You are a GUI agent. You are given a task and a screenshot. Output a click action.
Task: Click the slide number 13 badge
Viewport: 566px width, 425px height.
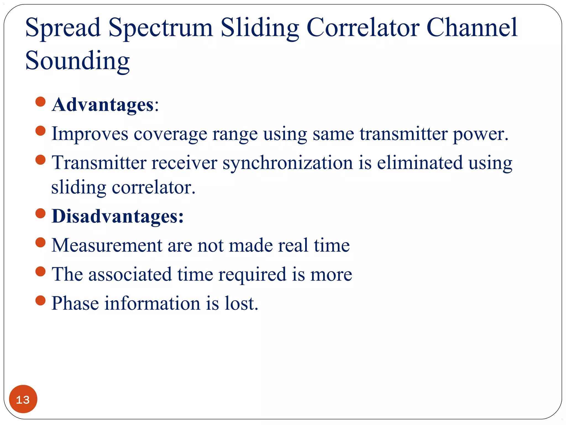[x=23, y=399]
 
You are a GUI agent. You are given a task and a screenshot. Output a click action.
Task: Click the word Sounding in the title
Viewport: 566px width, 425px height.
[x=77, y=61]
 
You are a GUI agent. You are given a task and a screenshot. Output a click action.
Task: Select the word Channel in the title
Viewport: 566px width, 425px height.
[x=471, y=28]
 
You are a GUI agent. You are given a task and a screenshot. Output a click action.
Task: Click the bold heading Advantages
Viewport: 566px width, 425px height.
[x=103, y=105]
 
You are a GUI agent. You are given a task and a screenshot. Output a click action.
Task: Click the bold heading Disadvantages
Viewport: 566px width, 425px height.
[x=117, y=216]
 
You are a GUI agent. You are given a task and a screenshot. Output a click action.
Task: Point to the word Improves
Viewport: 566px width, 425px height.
[x=90, y=134]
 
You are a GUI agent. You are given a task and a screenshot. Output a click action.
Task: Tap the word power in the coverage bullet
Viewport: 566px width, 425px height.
[x=480, y=134]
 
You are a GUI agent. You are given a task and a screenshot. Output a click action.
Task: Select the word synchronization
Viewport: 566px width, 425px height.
[x=287, y=163]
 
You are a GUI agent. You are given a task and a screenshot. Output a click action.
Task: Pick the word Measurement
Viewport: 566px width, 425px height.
[x=107, y=245]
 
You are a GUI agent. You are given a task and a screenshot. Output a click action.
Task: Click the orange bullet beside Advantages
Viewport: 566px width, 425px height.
[x=41, y=102]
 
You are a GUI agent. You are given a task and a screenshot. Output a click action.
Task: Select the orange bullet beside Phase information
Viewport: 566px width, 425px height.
[x=41, y=300]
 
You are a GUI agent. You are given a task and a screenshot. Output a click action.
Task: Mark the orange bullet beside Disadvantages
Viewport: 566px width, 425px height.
[x=41, y=213]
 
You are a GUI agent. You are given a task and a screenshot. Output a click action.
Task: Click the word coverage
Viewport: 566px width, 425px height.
[x=170, y=134]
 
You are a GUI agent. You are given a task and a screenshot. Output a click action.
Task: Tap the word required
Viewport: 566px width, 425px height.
[x=252, y=275]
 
